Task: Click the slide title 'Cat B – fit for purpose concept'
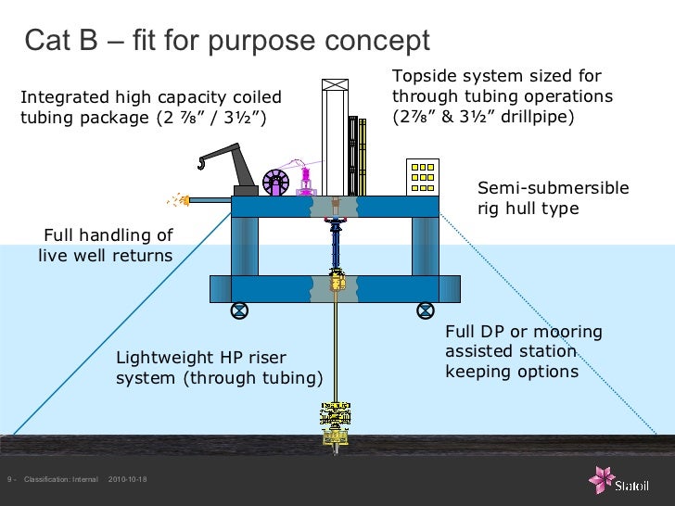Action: [x=227, y=41]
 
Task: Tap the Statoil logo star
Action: [x=602, y=479]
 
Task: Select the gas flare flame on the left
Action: [x=175, y=199]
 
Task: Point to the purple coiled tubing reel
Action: [x=276, y=182]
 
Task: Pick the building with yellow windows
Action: [x=422, y=177]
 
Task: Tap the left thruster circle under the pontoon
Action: [x=238, y=310]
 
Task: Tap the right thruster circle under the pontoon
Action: [x=426, y=310]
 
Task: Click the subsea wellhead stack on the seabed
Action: [x=333, y=425]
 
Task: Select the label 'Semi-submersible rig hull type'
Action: [x=553, y=198]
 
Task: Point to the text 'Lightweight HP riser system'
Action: [x=219, y=367]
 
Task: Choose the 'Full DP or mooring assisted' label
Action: [x=524, y=351]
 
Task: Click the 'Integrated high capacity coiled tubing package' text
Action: [x=150, y=108]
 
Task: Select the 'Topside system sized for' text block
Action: [x=503, y=96]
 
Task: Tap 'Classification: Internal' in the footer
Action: [x=61, y=479]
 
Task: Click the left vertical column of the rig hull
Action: [x=245, y=246]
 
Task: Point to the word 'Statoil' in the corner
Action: [x=642, y=483]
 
